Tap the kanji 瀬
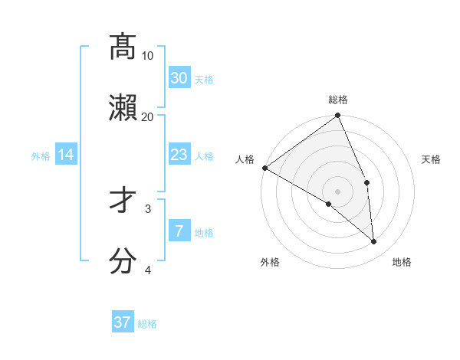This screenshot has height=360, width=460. pos(123,107)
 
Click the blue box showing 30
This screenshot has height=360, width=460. pos(179,78)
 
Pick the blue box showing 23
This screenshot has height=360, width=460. pos(179,155)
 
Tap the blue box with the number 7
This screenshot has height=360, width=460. pos(179,231)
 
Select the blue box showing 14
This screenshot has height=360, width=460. pos(66,155)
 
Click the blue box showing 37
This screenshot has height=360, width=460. pos(123,322)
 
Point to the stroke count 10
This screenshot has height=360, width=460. pos(148,56)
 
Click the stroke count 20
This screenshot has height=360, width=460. pos(148,116)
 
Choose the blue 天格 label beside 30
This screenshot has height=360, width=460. pos(204,80)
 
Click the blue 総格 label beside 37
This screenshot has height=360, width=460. pos(147,324)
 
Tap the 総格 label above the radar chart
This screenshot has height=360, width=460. pos(338,100)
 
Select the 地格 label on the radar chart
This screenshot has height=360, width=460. pos(402,262)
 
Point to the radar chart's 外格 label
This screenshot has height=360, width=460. pos(270,262)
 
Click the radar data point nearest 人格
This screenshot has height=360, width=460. pos(264,168)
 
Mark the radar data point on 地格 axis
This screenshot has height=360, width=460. pos(373,241)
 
